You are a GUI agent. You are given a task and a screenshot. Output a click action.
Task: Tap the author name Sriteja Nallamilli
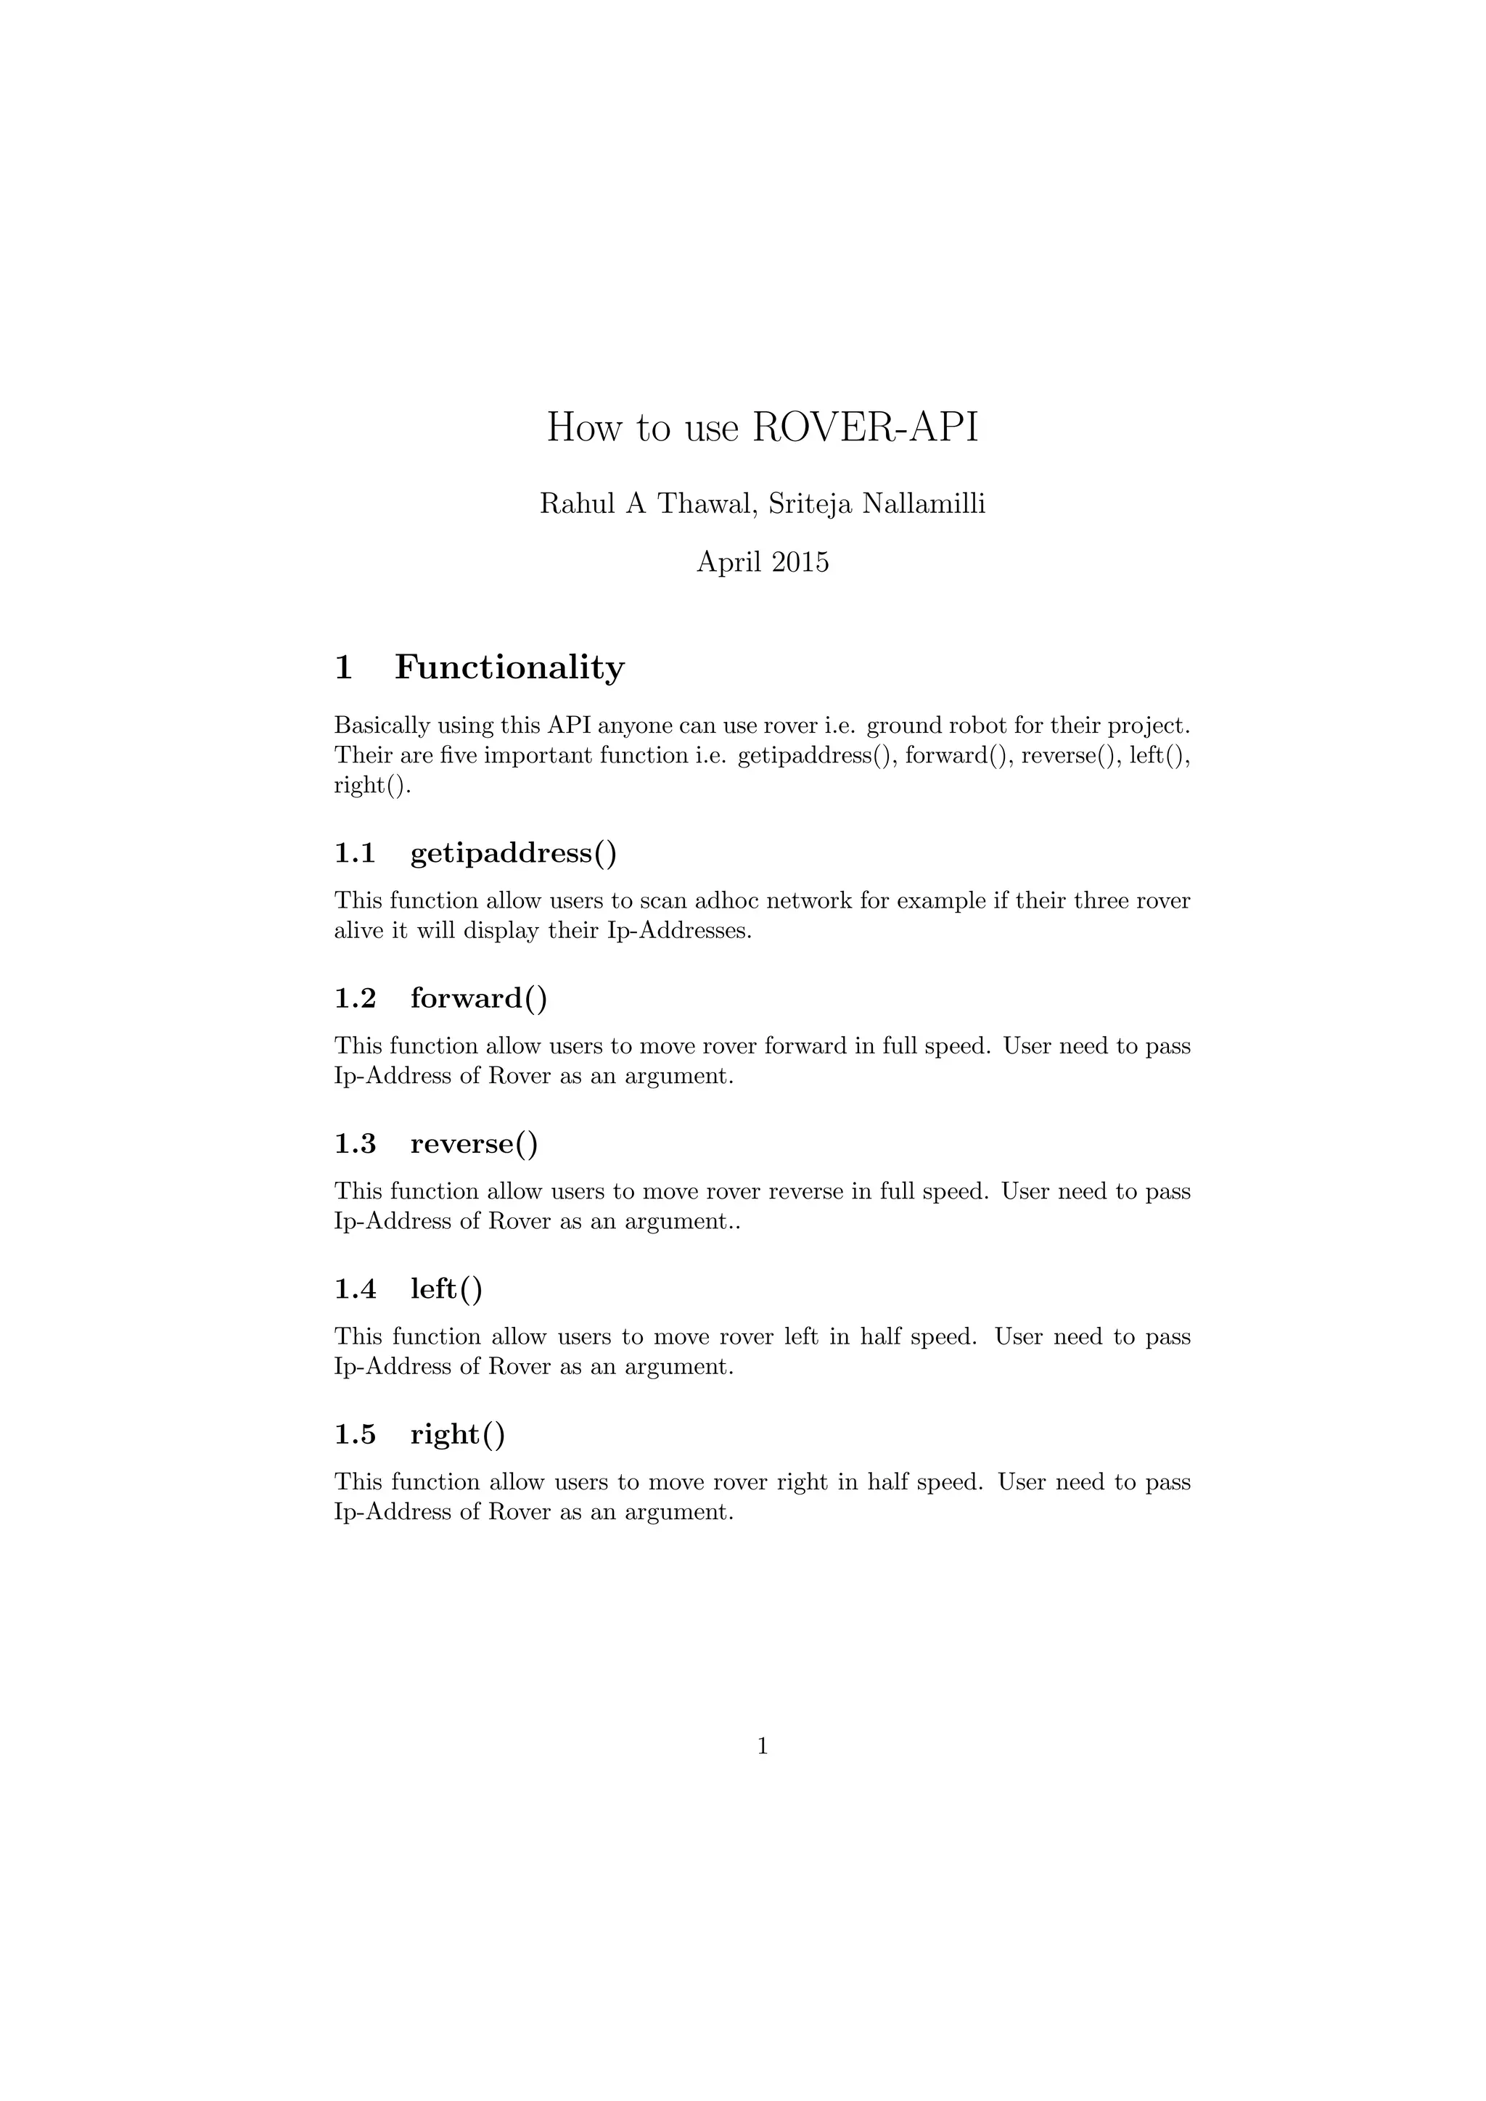tap(877, 504)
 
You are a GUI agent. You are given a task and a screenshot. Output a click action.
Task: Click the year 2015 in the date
tap(800, 561)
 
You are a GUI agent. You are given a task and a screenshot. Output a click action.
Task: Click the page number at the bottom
tap(762, 1747)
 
